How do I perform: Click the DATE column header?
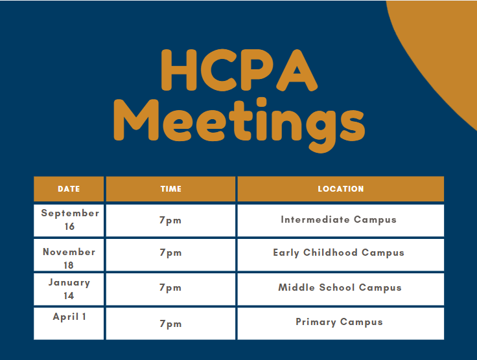coord(69,188)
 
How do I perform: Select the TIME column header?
coord(170,188)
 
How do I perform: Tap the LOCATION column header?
coord(341,188)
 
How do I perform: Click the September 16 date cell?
coord(69,219)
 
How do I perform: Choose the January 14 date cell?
coord(69,289)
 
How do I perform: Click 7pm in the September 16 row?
coord(170,220)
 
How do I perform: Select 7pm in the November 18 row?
coord(170,253)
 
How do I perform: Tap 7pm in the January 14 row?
coord(170,287)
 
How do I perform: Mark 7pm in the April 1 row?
coord(170,324)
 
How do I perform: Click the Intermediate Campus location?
coord(338,219)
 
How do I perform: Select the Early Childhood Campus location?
coord(338,253)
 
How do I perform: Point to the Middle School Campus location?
coord(340,287)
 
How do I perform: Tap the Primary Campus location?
coord(339,322)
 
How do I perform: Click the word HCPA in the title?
coord(239,70)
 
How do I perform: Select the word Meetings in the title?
coord(239,124)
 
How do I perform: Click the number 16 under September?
coord(69,227)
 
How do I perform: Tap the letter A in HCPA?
coord(297,71)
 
